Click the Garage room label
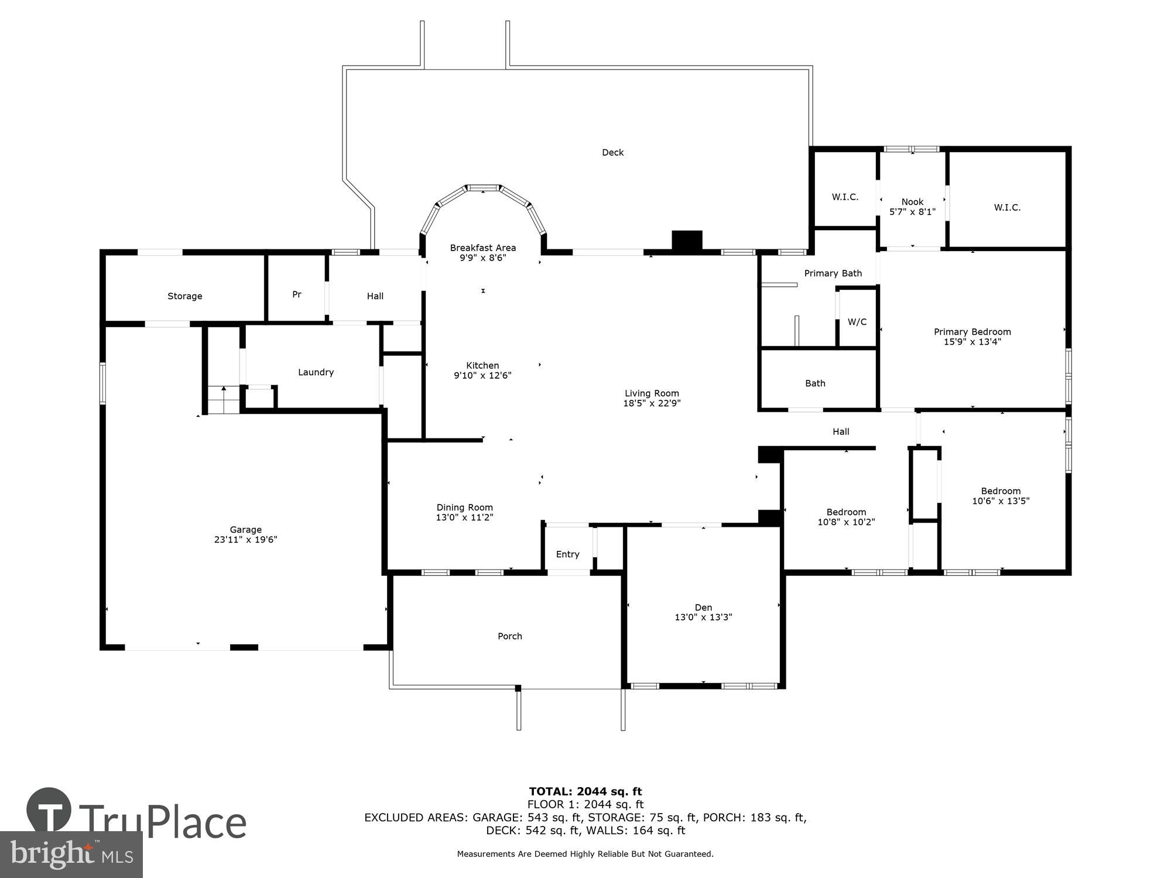(245, 530)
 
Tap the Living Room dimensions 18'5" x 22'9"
(652, 403)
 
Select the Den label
(703, 608)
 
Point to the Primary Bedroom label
(972, 332)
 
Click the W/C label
(857, 322)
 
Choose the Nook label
(912, 202)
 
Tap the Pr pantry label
(297, 294)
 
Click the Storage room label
(184, 296)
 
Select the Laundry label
(316, 372)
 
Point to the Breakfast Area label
(482, 248)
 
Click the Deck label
(612, 152)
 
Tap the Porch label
(509, 636)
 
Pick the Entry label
(567, 554)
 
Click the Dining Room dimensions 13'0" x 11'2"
(464, 517)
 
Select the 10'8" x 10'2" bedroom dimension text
(846, 522)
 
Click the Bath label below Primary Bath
(815, 383)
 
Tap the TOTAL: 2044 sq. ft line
(585, 792)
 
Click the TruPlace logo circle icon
(49, 811)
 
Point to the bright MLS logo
(71, 855)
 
